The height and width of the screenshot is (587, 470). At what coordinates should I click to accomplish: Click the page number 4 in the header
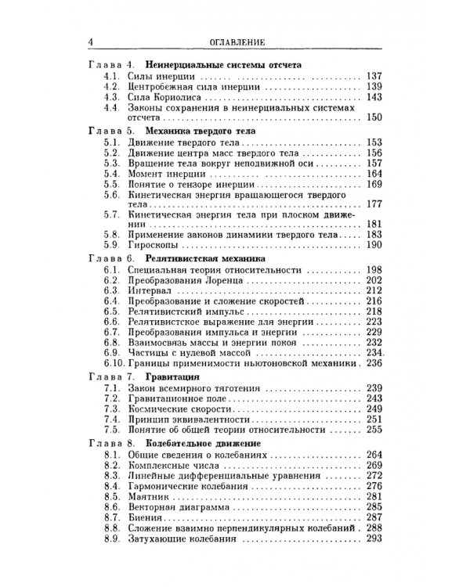[92, 41]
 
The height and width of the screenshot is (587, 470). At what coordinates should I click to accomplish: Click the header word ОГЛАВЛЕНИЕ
[233, 41]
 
